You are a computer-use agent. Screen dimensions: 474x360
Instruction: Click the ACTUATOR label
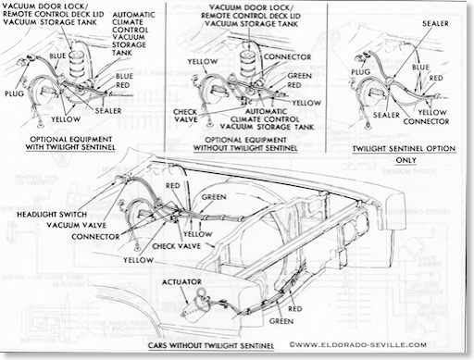coord(181,282)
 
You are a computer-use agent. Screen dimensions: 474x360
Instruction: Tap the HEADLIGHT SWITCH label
coord(52,215)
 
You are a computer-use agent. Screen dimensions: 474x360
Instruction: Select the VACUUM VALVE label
coord(77,225)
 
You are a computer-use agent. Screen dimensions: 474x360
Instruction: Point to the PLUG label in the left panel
coord(14,93)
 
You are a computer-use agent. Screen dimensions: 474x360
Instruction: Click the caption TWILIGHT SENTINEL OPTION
coord(404,149)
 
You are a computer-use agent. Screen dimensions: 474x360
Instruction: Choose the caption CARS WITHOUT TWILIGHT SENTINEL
coord(211,345)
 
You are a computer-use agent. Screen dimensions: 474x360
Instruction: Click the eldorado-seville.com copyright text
coord(358,344)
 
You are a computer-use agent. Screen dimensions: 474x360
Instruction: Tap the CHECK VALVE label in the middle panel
coord(185,116)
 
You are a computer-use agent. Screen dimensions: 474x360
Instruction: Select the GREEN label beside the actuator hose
coord(281,321)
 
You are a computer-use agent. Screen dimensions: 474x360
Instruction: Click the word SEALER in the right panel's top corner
coord(435,23)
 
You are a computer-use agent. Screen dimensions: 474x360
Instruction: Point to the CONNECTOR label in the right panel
coord(426,121)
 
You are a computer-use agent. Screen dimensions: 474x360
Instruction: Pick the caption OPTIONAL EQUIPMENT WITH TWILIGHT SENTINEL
coord(70,143)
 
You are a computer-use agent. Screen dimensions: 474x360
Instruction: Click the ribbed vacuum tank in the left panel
coord(77,64)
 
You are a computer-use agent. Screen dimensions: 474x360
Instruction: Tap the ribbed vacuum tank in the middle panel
coord(249,64)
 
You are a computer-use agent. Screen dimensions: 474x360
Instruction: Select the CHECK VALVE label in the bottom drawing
coord(177,246)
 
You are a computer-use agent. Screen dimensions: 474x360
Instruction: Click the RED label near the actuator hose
coord(295,308)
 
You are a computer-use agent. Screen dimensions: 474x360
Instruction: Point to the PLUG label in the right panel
coord(361,72)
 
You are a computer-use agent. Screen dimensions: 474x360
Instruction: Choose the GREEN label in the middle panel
coord(299,76)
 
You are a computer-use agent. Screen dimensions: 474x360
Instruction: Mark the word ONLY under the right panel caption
coord(405,160)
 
